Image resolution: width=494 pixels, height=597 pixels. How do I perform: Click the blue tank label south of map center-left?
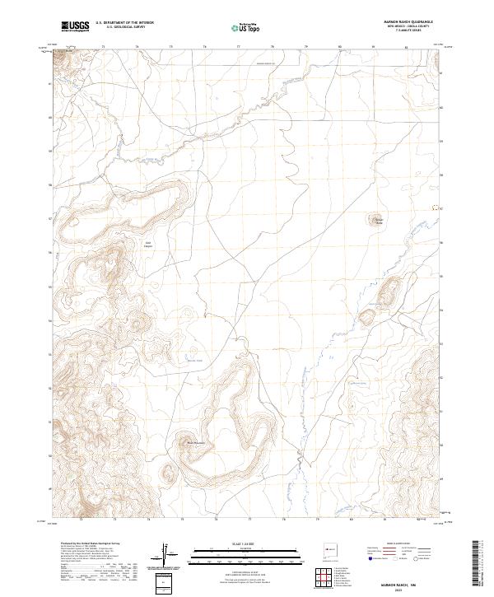point(194,360)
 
